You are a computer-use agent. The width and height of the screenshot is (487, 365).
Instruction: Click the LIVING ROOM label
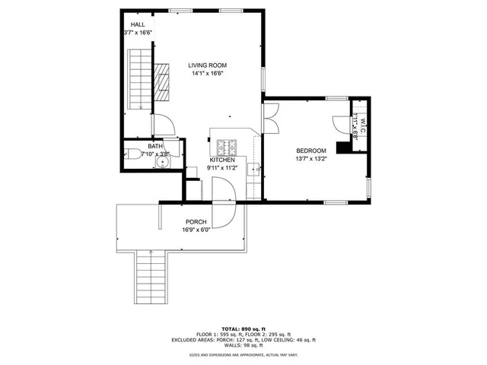pos(207,65)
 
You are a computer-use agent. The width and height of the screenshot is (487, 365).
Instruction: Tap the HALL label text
pos(138,25)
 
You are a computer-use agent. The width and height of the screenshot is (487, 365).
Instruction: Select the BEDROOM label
pos(311,151)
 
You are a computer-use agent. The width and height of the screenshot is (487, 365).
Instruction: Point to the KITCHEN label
pos(222,160)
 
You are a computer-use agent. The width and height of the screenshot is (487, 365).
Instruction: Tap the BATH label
pos(155,147)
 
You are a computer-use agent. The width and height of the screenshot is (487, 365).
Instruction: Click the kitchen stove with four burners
pos(227,146)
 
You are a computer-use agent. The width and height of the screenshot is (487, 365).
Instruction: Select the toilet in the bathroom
pos(135,154)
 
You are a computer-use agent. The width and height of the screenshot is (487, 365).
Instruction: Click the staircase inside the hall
pos(138,79)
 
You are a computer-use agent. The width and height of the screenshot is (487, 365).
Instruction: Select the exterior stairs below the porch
pos(151,278)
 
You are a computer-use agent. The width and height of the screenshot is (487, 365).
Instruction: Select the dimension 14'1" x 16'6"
pos(207,75)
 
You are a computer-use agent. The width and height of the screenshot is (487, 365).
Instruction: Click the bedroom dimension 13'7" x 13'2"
pos(311,160)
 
